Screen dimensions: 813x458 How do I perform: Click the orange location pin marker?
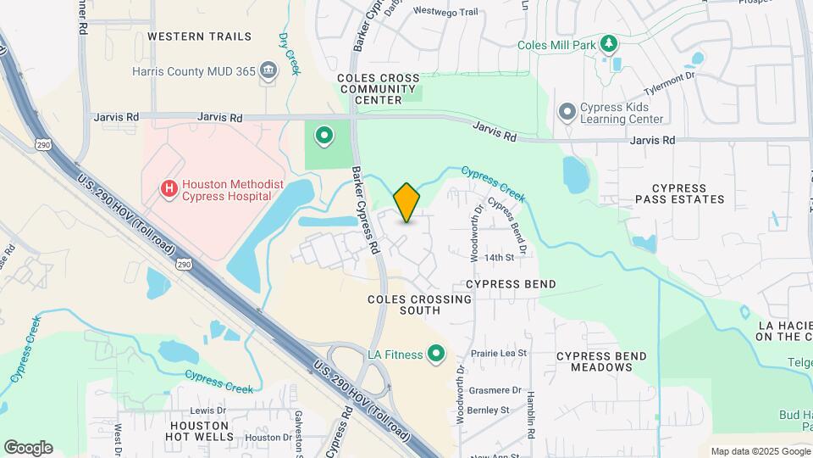coord(406,202)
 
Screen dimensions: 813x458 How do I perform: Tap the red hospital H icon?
coord(169,187)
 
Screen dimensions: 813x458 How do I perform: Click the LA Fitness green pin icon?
coord(437,354)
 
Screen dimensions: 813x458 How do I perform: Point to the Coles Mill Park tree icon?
coord(607,43)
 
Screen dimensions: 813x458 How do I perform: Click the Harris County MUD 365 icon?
coord(268,70)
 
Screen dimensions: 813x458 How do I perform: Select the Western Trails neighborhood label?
coord(199,36)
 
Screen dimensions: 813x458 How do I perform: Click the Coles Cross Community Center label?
coord(378,89)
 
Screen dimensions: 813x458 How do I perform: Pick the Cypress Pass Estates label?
coord(680,193)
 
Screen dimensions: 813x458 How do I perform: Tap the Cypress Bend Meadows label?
coord(601,361)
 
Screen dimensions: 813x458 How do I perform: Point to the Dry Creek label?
coord(290,53)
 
